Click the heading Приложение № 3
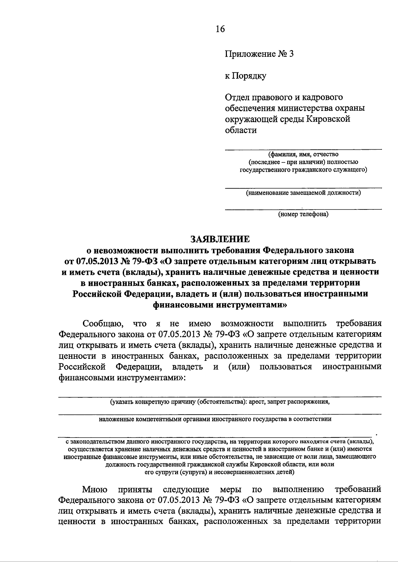point(259,54)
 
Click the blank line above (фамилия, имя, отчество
point(303,150)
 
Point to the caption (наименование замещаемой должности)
point(303,193)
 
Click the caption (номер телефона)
point(303,214)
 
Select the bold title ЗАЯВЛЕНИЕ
point(219,239)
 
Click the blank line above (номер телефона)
point(303,209)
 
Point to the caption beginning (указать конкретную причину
point(220,402)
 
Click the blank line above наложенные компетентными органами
point(220,414)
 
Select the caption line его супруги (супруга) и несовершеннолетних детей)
point(220,472)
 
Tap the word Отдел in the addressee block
point(236,97)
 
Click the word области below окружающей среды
point(241,130)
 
